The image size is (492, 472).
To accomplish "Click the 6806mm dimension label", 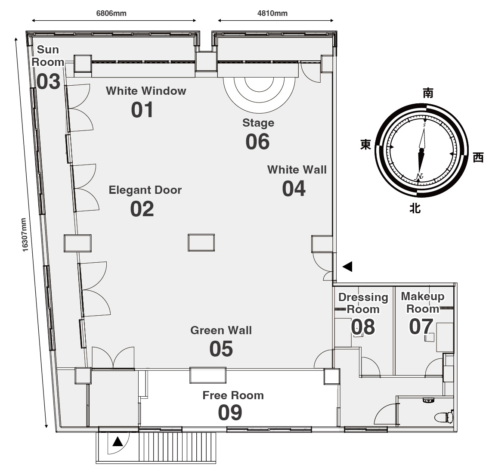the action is [x=111, y=13].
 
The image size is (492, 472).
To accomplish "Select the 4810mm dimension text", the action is [x=272, y=13].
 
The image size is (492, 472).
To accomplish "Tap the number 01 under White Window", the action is [x=142, y=110].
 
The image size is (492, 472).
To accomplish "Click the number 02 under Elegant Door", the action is [x=142, y=209].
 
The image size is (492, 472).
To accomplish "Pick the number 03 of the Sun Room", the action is [x=48, y=81].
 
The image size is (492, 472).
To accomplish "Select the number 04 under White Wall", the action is [x=294, y=189].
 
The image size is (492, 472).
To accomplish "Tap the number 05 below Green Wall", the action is [x=221, y=349].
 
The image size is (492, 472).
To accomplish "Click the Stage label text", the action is [x=258, y=123].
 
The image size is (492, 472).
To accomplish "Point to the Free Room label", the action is [x=233, y=395].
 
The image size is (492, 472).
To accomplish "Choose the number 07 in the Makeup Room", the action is [x=421, y=326].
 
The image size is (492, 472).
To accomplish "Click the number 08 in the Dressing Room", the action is [x=363, y=327].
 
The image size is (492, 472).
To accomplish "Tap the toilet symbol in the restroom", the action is [x=444, y=417].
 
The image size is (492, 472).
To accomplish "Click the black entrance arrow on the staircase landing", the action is [x=118, y=441].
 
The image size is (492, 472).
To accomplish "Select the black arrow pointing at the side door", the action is [x=347, y=267].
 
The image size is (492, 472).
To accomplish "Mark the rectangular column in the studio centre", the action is [x=201, y=242].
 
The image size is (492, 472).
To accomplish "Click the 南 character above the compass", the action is [x=428, y=93].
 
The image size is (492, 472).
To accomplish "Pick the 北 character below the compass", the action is [x=415, y=208].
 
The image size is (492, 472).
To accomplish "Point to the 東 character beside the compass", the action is [x=366, y=145].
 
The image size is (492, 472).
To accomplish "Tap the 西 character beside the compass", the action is [x=478, y=157].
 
